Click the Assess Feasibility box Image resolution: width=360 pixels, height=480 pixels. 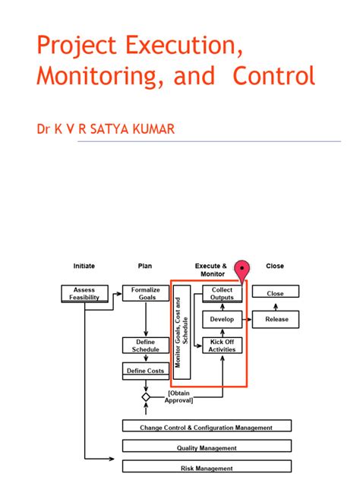point(84,293)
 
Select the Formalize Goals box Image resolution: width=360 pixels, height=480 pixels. point(145,293)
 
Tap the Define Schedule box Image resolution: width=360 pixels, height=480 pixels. point(145,346)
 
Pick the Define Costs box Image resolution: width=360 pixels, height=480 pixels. point(145,371)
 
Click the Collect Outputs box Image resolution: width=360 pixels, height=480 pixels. point(223,293)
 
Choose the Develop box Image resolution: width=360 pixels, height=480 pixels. point(223,319)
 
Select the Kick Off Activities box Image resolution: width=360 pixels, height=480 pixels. point(223,346)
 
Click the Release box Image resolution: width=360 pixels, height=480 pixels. point(276,320)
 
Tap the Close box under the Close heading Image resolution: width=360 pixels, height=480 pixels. point(275,292)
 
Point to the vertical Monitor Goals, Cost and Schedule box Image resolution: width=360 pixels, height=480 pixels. point(182,332)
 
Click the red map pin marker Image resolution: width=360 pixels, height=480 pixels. point(242,270)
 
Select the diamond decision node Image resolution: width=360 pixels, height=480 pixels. point(146,396)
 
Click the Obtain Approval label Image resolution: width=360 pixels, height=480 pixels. point(179,396)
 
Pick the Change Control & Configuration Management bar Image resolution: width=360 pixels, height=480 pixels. point(206,427)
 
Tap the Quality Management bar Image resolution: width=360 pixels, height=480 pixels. point(206,447)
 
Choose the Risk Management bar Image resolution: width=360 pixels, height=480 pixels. point(206,468)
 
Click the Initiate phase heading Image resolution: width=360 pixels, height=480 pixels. point(84,266)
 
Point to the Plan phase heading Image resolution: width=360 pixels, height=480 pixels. point(145,266)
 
